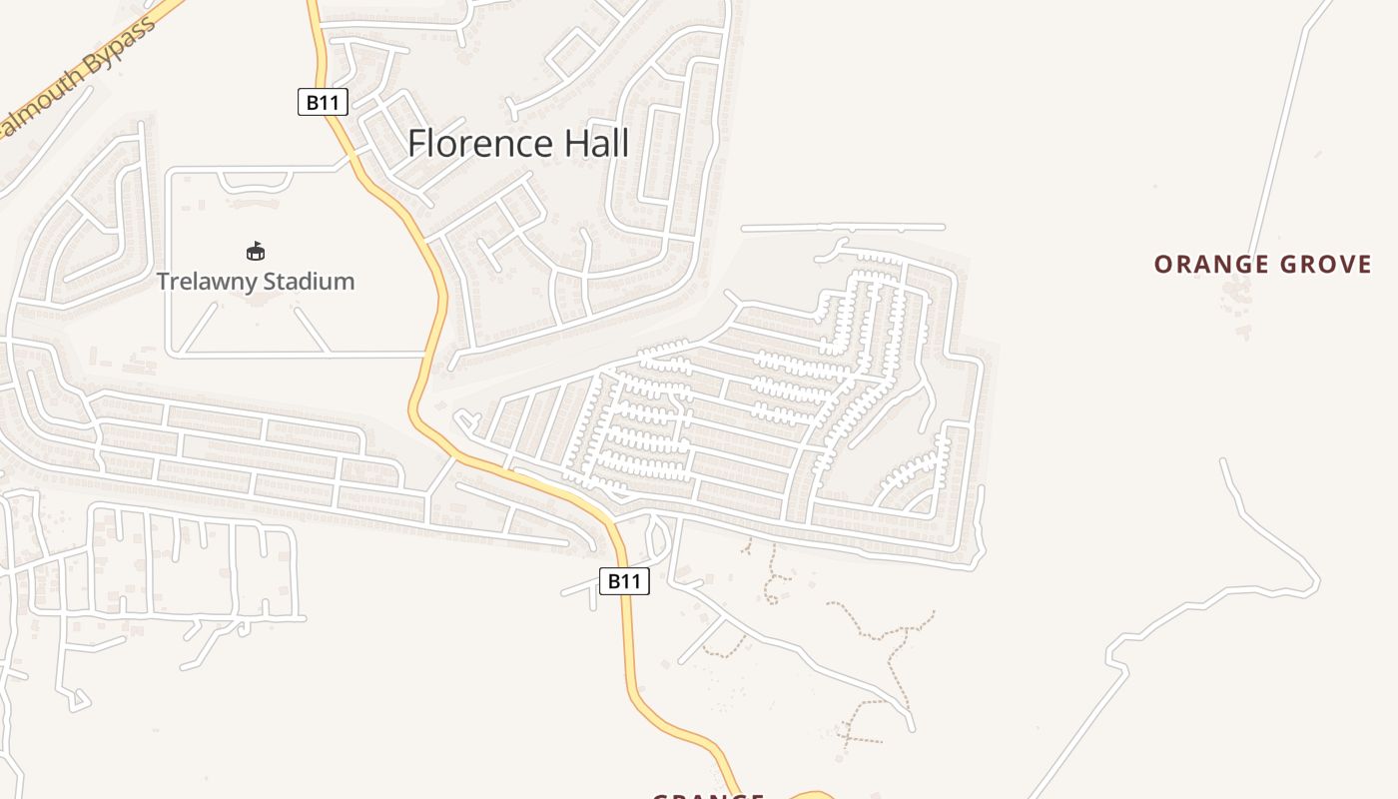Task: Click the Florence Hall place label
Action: (x=518, y=144)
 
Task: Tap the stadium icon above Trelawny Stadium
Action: (x=256, y=251)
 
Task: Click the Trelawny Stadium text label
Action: (x=256, y=281)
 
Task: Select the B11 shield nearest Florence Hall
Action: (x=323, y=102)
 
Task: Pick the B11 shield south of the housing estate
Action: (x=624, y=581)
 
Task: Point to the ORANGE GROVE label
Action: (x=1262, y=265)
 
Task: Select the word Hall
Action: (x=596, y=144)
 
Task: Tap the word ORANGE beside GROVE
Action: (x=1203, y=265)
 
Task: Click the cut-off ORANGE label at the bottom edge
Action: (x=708, y=794)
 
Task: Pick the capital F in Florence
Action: (x=416, y=144)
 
